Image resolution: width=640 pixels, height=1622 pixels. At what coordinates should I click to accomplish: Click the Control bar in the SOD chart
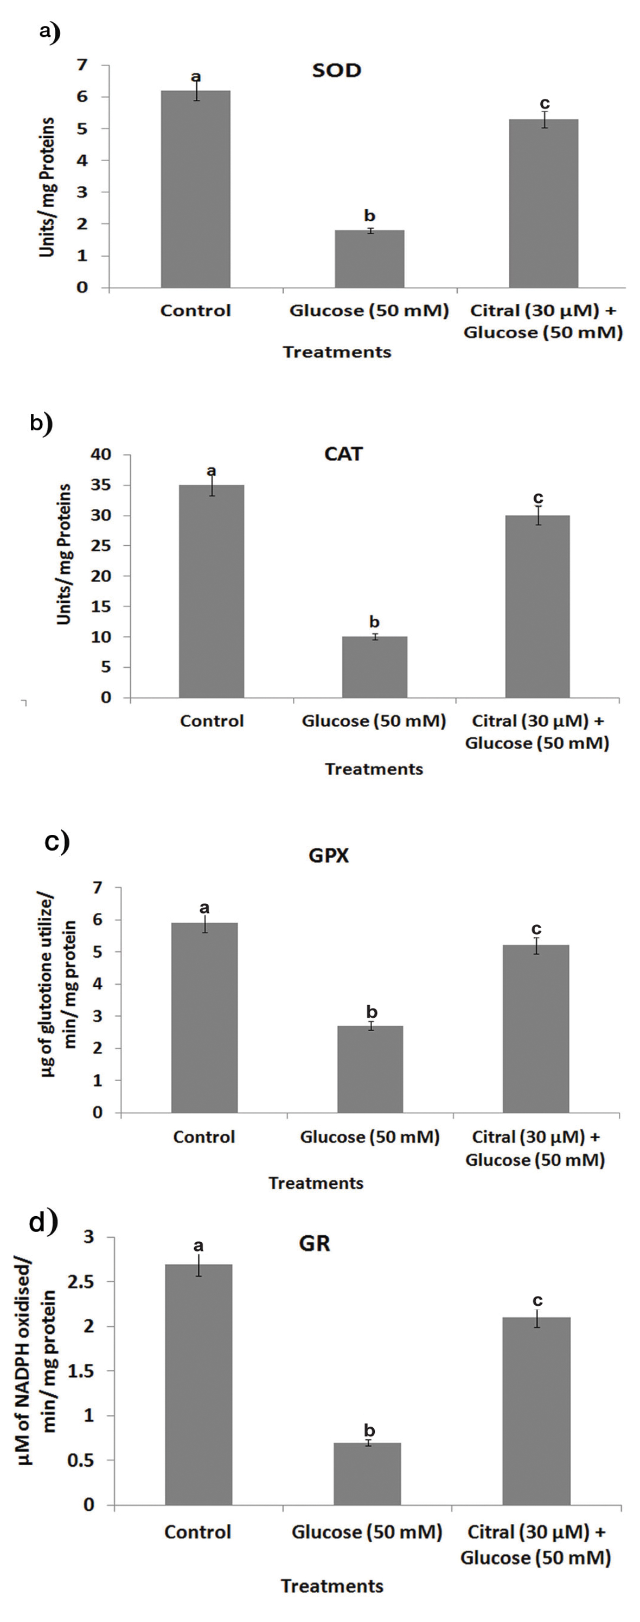195,189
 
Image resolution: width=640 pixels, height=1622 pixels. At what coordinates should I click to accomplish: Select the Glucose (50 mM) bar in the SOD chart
369,259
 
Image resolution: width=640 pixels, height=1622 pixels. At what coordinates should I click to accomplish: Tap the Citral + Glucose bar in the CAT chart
537,606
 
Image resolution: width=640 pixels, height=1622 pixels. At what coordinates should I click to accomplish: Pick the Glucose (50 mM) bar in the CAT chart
374,667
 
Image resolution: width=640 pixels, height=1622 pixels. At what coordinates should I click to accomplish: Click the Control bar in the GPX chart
204,1018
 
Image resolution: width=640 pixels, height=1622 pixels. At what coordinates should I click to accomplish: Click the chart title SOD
337,71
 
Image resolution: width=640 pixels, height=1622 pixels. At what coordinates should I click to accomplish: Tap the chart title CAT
344,454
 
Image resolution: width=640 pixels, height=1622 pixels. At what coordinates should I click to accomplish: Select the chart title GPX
329,855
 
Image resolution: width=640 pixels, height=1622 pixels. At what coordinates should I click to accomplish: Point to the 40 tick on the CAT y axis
101,454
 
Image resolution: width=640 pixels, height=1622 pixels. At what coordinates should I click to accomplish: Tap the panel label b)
42,423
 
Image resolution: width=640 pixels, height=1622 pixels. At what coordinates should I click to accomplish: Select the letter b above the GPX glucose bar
372,1012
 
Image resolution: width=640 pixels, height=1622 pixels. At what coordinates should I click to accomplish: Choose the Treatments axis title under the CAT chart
374,769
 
